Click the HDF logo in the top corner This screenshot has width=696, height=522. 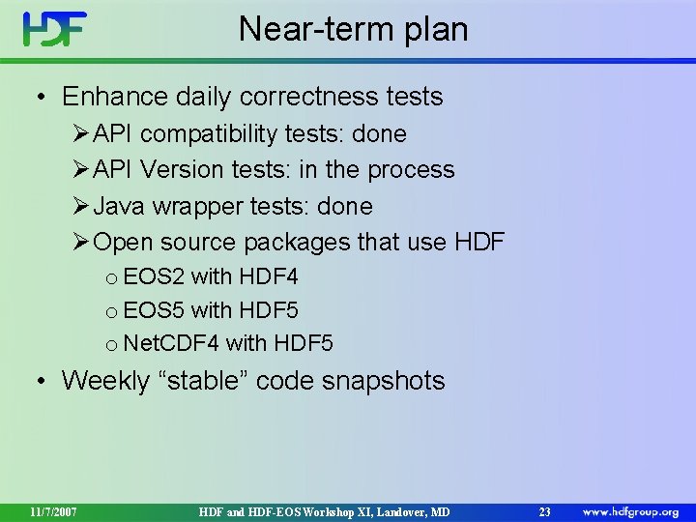click(55, 29)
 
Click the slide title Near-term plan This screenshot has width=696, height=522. click(353, 29)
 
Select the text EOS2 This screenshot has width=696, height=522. click(154, 277)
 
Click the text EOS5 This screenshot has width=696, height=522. click(154, 310)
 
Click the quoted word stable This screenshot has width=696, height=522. click(213, 381)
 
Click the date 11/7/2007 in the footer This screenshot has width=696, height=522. click(53, 510)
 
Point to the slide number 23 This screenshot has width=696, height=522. click(544, 510)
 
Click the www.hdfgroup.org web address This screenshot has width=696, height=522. click(630, 510)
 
